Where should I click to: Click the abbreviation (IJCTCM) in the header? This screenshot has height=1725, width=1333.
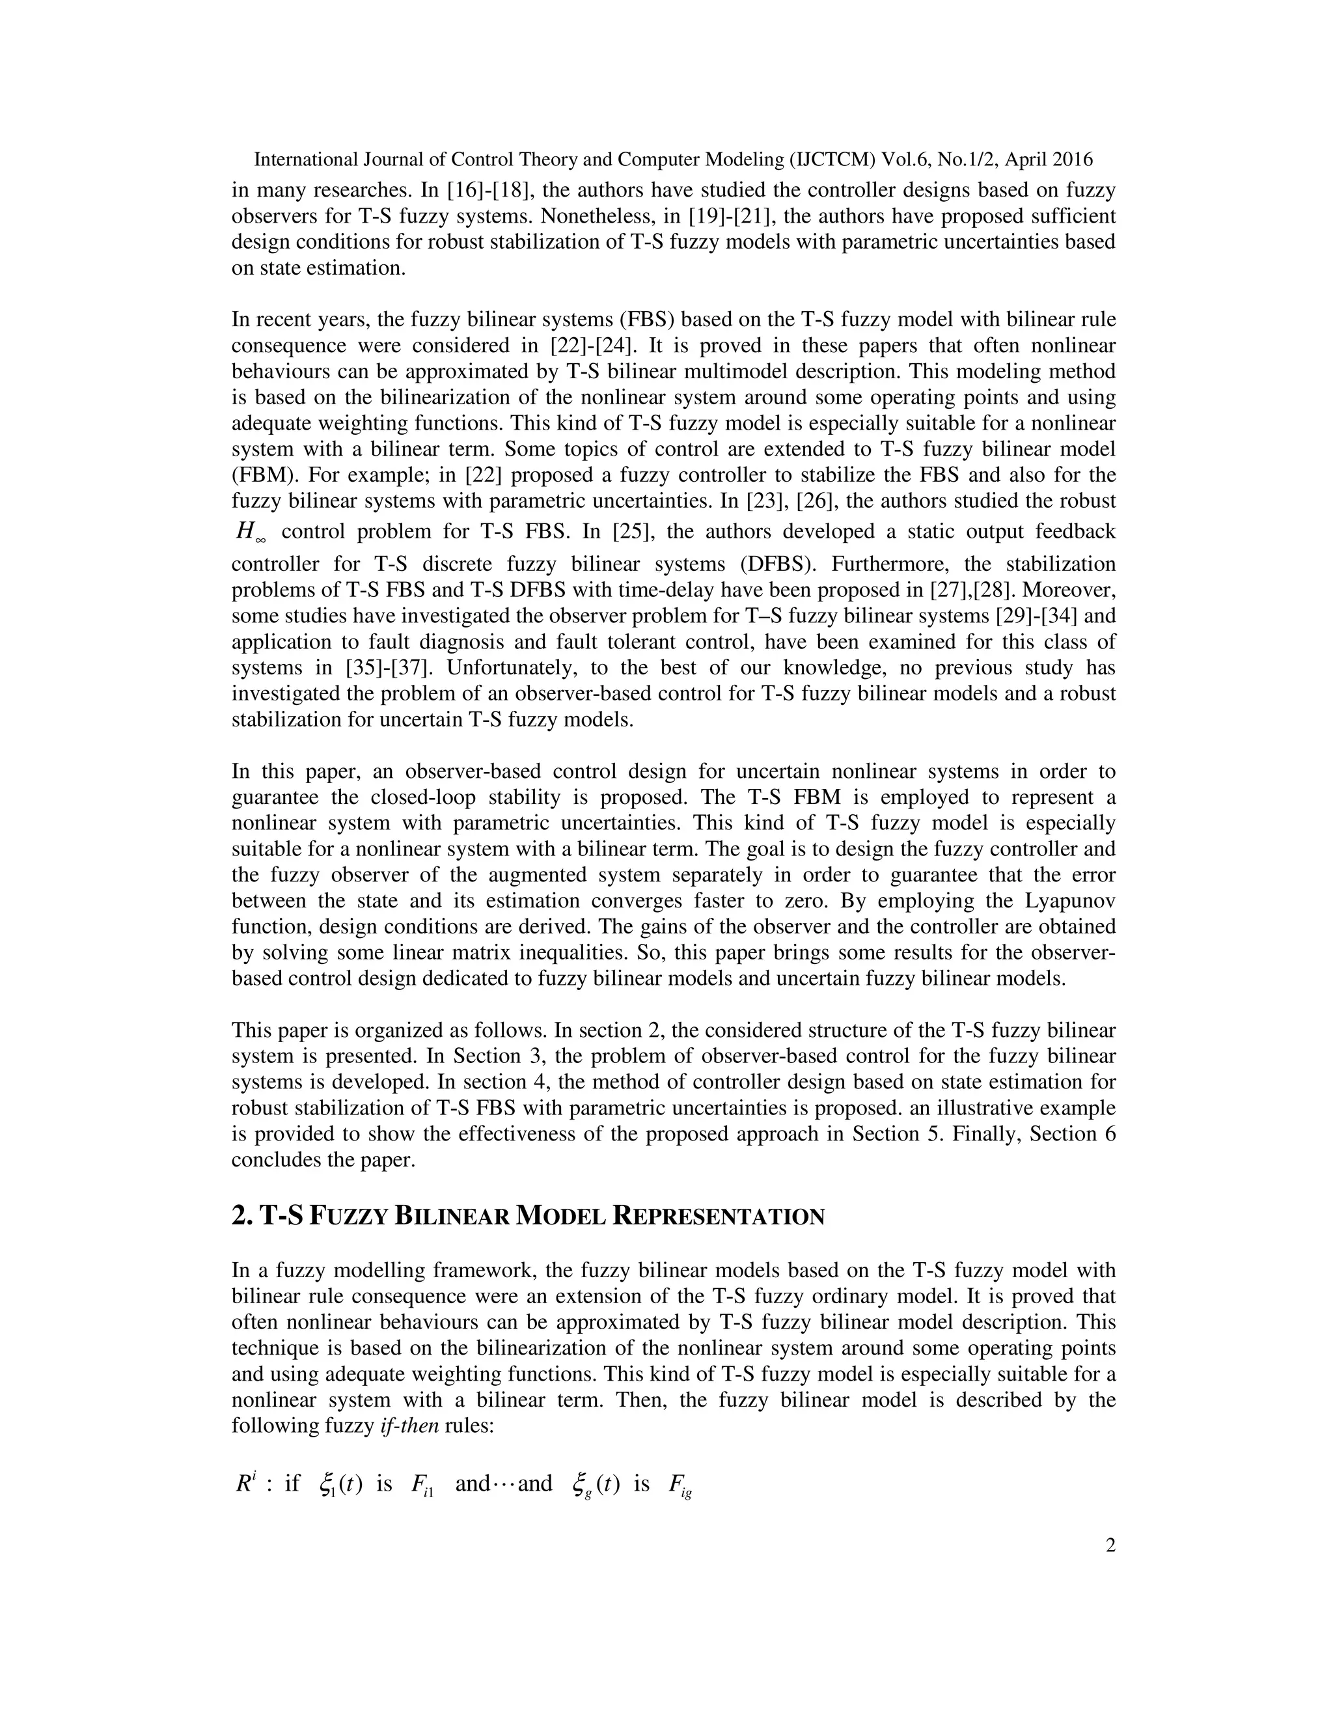tap(832, 159)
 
